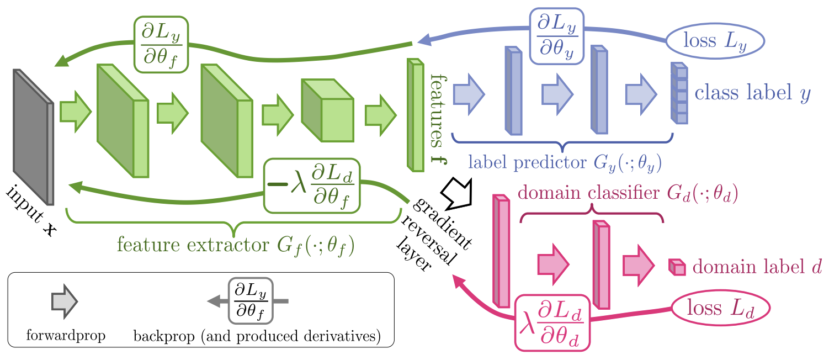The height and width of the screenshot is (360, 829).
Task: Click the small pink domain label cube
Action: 677,267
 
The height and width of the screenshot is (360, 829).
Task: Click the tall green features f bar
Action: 415,114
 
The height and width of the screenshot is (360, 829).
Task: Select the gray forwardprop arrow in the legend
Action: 64,301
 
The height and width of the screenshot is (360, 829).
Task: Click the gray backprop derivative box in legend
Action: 251,301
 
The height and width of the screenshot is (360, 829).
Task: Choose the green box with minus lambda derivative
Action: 312,186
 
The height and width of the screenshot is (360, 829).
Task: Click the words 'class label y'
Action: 752,93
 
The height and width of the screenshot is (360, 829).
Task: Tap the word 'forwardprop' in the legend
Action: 66,335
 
